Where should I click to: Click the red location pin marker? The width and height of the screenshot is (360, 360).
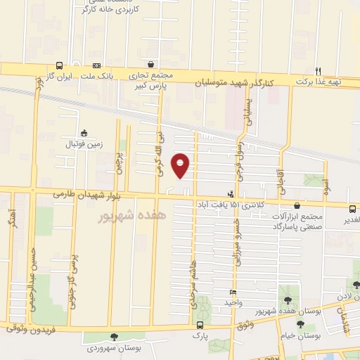(x=181, y=165)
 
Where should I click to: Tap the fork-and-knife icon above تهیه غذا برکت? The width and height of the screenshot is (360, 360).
(x=318, y=70)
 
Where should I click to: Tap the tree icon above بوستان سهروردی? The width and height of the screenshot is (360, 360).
(x=114, y=337)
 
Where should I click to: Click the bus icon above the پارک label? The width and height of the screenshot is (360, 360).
(x=201, y=325)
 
